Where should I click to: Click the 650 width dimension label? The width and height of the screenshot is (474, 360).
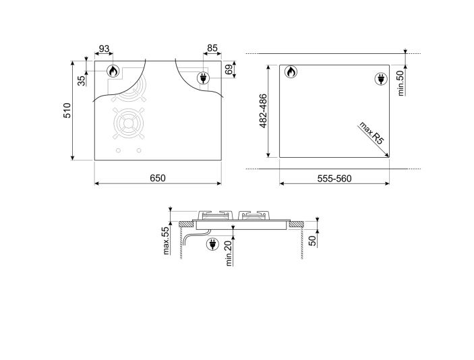(157, 177)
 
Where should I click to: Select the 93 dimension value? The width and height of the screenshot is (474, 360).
(104, 49)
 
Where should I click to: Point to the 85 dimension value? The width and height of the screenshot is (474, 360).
(212, 49)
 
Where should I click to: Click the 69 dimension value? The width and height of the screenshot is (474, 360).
(230, 69)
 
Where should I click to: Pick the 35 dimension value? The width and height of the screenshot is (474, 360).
(82, 80)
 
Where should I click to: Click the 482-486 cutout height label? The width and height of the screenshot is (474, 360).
(264, 111)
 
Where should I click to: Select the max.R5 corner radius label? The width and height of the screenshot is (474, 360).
(371, 134)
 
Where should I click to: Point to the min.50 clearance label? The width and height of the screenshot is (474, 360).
(401, 82)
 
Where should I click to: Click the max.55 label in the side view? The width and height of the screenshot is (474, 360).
(166, 241)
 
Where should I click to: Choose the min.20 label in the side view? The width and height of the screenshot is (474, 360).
(230, 253)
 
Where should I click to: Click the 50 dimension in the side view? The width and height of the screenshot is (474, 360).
(312, 241)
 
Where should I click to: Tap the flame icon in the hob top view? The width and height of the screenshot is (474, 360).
(113, 71)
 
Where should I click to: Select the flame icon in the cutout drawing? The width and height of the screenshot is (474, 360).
(290, 72)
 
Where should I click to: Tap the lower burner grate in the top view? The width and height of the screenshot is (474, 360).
(128, 124)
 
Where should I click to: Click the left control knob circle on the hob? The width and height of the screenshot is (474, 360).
(118, 150)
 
